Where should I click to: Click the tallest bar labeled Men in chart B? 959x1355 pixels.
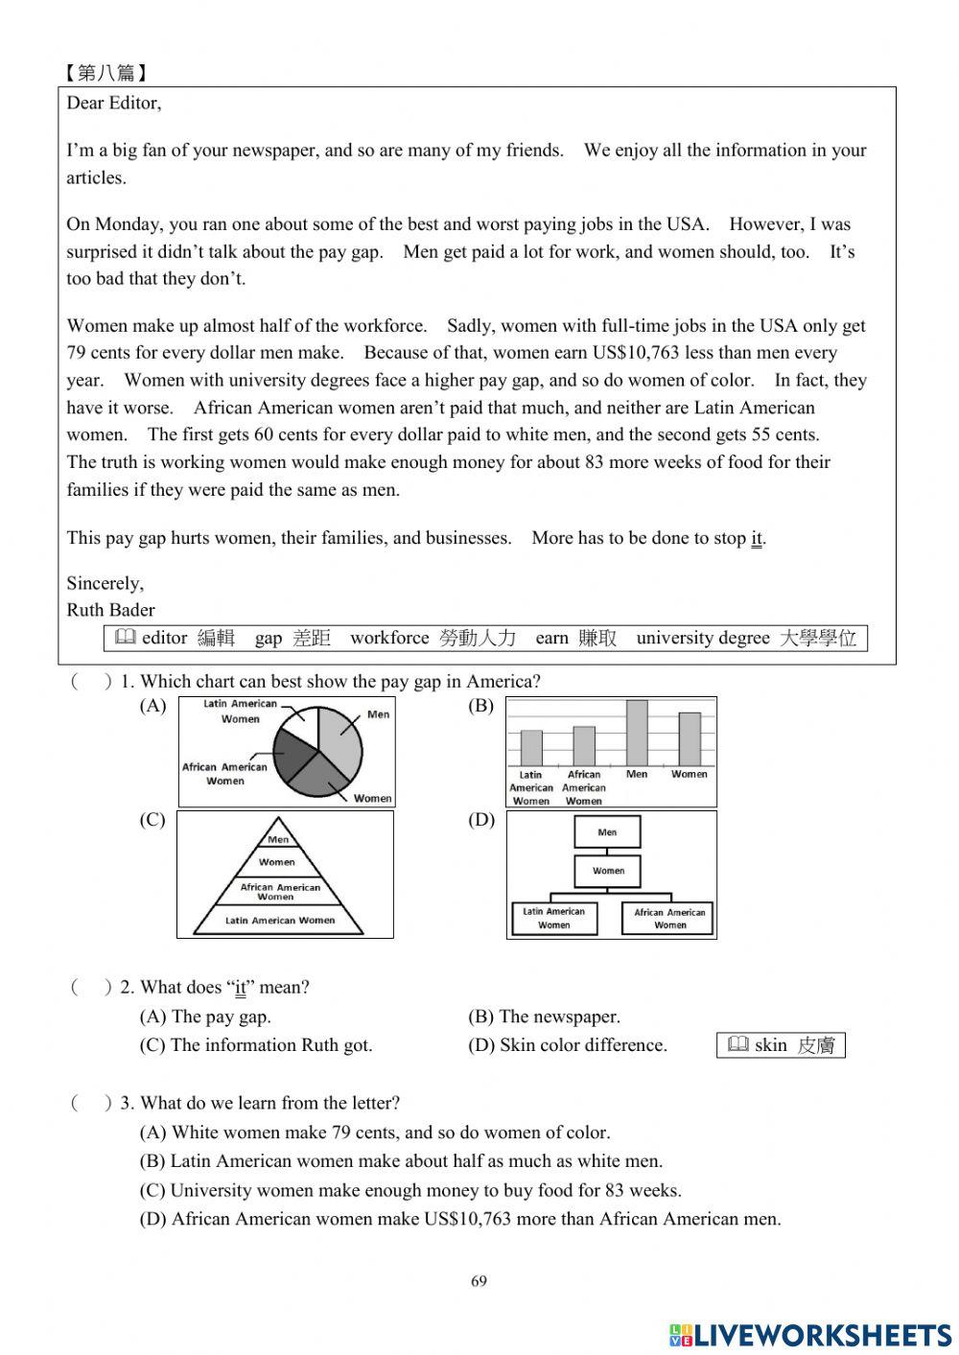[x=637, y=733]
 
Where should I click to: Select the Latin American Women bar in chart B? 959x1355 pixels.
[x=531, y=748]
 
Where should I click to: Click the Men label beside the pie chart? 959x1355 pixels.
[x=379, y=714]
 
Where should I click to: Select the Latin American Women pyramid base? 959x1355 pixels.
[x=279, y=921]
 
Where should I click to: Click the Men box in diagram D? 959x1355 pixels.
[x=607, y=832]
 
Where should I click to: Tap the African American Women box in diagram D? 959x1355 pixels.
[x=669, y=919]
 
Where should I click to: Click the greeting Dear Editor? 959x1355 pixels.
[x=114, y=103]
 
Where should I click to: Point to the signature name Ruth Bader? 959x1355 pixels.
[x=110, y=610]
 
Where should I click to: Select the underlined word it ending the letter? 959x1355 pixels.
[x=756, y=538]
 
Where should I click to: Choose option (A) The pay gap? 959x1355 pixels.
[x=205, y=1016]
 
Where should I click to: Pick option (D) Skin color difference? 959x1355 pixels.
[x=567, y=1045]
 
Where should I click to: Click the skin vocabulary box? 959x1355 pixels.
[x=781, y=1045]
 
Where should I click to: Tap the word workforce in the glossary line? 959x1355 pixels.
[x=389, y=638]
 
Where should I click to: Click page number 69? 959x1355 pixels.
[x=479, y=1281]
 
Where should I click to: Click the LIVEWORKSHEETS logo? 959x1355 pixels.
[x=810, y=1334]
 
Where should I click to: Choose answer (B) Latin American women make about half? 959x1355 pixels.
[x=401, y=1161]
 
